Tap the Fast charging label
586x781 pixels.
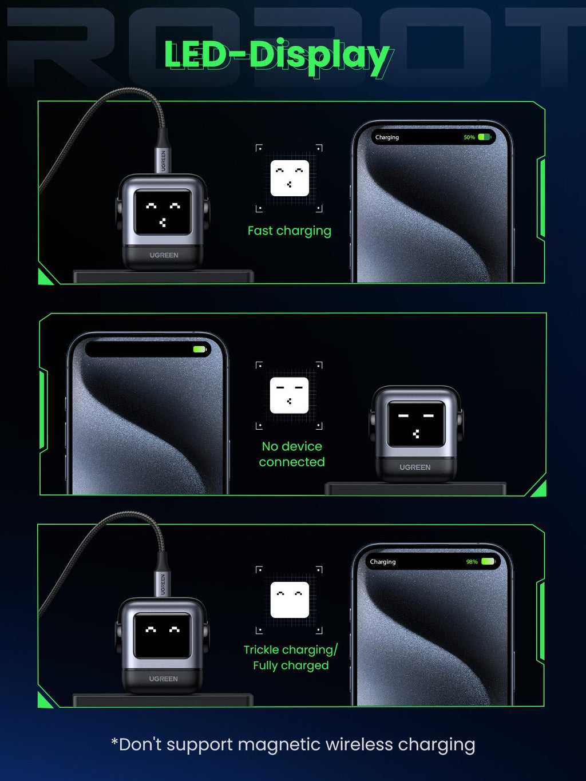pyautogui.click(x=289, y=231)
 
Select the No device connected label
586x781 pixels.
pyautogui.click(x=292, y=454)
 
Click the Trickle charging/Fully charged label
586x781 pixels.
pyautogui.click(x=291, y=657)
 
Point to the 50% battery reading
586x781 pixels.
pyautogui.click(x=469, y=137)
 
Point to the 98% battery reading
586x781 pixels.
pyautogui.click(x=472, y=562)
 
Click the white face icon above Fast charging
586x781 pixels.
pyautogui.click(x=290, y=178)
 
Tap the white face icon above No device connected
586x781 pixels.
pyautogui.click(x=289, y=395)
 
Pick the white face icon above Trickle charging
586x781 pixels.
pyautogui.click(x=290, y=600)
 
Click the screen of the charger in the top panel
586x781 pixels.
pyautogui.click(x=163, y=212)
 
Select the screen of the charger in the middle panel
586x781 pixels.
pyautogui.click(x=416, y=424)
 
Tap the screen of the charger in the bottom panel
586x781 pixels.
pyautogui.click(x=163, y=636)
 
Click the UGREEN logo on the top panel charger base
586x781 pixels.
pyautogui.click(x=164, y=255)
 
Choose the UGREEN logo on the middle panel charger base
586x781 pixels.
pyautogui.click(x=415, y=467)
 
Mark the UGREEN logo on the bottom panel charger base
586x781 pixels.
pyautogui.click(x=163, y=679)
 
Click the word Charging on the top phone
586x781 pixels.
pyautogui.click(x=387, y=137)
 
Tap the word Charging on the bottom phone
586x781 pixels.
pyautogui.click(x=382, y=562)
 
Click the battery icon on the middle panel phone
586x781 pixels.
pyautogui.click(x=199, y=349)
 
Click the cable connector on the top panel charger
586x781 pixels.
pyautogui.click(x=163, y=158)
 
